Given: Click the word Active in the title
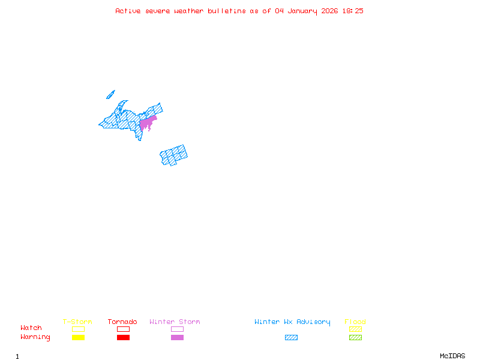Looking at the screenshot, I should [128, 11].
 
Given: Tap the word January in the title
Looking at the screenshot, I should [302, 11].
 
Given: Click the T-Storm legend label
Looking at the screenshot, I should [77, 322].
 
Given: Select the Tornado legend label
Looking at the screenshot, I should [122, 322].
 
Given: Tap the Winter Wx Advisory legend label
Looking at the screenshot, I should [292, 322].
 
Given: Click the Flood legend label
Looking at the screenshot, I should [355, 322].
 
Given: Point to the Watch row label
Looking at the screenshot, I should [31, 328].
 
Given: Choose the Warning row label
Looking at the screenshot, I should [35, 337].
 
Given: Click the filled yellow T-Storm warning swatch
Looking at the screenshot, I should [78, 338].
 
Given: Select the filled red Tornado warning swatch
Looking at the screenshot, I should [123, 338].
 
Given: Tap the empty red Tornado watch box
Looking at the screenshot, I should [123, 329].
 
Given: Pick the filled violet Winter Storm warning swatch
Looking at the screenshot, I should [177, 338].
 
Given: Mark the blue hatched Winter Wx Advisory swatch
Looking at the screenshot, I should [291, 338].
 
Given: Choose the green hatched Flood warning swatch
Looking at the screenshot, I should [355, 338].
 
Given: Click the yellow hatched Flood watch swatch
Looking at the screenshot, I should [355, 329].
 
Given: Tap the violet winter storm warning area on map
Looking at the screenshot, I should [146, 123].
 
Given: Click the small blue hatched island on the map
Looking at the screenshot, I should [110, 94].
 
